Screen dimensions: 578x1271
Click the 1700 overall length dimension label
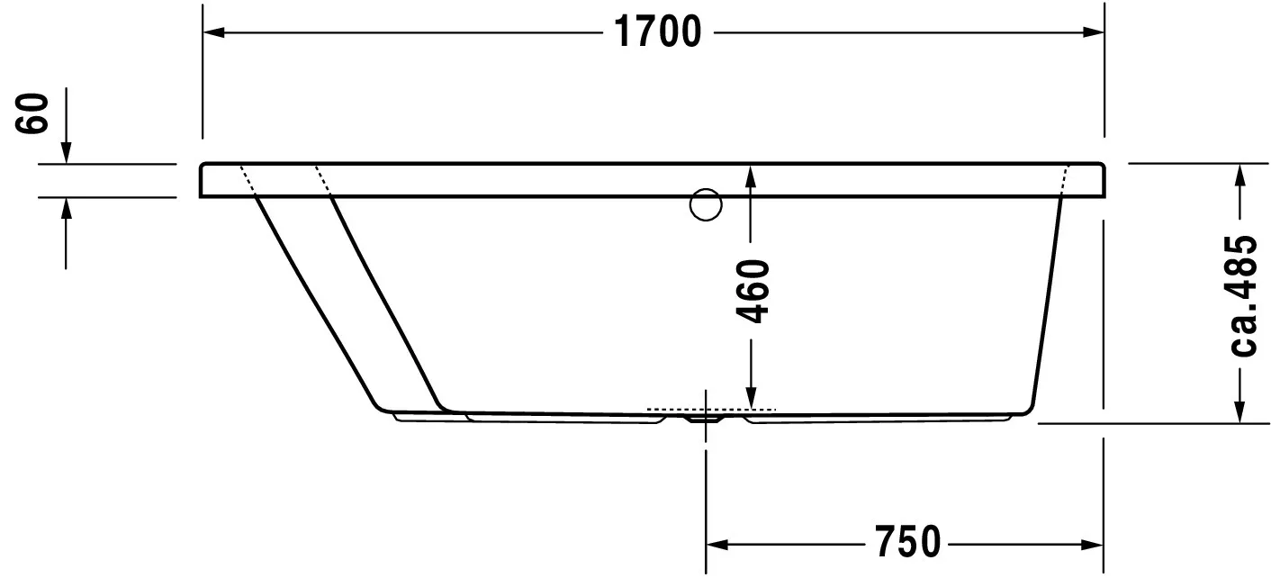pyautogui.click(x=658, y=32)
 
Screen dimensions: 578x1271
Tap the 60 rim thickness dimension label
pyautogui.click(x=34, y=113)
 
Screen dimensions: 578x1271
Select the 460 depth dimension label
pyautogui.click(x=753, y=291)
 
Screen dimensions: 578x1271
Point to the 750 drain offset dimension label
pyautogui.click(x=906, y=542)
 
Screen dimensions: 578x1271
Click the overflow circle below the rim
pyautogui.click(x=706, y=205)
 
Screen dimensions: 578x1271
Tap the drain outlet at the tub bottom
pyautogui.click(x=706, y=418)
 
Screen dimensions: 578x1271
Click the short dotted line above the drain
pyautogui.click(x=710, y=410)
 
